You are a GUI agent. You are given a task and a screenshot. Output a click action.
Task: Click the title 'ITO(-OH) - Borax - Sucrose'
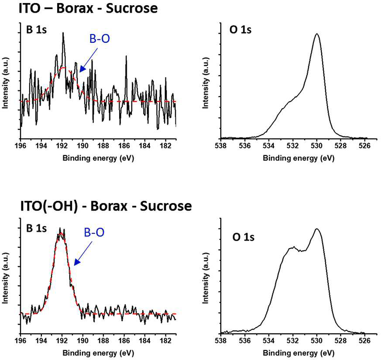point(106,206)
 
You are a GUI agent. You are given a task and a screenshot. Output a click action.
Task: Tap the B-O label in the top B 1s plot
point(100,39)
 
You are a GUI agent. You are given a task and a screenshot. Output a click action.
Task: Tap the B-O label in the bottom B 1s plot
point(94,232)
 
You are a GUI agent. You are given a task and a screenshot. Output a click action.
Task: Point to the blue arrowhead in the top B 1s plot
point(83,69)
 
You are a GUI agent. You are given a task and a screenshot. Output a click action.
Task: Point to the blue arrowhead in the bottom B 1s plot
point(77,262)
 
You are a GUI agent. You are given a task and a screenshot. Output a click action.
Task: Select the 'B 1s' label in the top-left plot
point(36,30)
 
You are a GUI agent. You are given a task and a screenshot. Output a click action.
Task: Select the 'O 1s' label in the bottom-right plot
point(243,237)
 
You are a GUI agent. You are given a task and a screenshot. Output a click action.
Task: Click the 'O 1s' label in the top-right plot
point(241,30)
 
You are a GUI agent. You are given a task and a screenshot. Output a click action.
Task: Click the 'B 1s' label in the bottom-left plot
point(36,228)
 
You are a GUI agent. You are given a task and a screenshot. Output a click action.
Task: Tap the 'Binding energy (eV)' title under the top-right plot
point(299,158)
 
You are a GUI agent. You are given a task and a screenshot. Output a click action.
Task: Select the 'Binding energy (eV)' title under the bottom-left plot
point(98,353)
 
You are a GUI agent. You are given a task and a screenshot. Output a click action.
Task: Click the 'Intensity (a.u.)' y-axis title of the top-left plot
point(5,83)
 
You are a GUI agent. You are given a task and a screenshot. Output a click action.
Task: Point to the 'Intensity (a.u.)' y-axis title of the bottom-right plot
point(206,278)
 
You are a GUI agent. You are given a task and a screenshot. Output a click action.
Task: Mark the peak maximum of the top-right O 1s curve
point(317,34)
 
